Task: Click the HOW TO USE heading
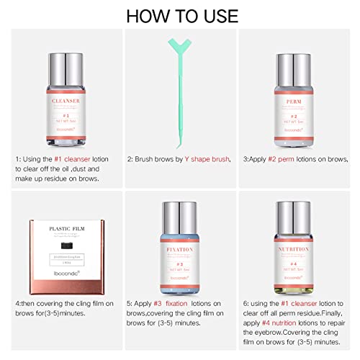[x=179, y=16]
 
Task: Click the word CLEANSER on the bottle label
[x=60, y=102]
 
